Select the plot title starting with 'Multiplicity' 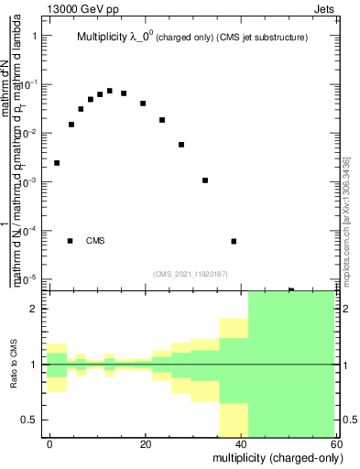[x=191, y=38]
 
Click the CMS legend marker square [x=71, y=241]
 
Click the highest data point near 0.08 [x=110, y=91]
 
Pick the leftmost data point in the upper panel [x=57, y=163]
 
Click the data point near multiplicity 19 [x=143, y=104]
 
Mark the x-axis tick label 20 [x=146, y=442]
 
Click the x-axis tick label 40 [x=241, y=442]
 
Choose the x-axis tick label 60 [x=335, y=442]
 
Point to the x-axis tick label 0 [x=50, y=442]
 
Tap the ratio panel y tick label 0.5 [x=29, y=420]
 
